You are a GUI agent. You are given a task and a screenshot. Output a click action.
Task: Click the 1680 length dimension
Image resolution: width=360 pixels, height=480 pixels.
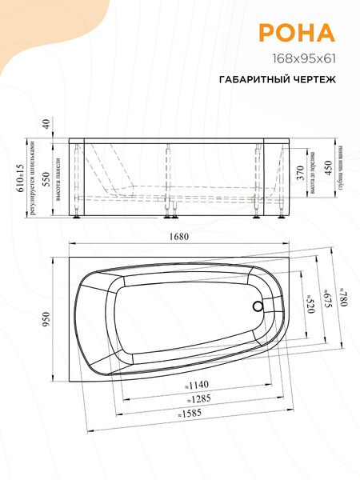pos(189,238)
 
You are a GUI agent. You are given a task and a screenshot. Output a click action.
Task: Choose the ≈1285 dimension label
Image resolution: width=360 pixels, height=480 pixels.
pos(191,400)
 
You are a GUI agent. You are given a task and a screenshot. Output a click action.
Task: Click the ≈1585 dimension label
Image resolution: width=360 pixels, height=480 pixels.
pos(191,414)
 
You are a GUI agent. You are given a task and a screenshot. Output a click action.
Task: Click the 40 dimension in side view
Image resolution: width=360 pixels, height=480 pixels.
pos(46,124)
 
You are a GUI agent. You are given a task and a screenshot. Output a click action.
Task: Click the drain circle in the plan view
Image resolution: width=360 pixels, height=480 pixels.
pos(256,306)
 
